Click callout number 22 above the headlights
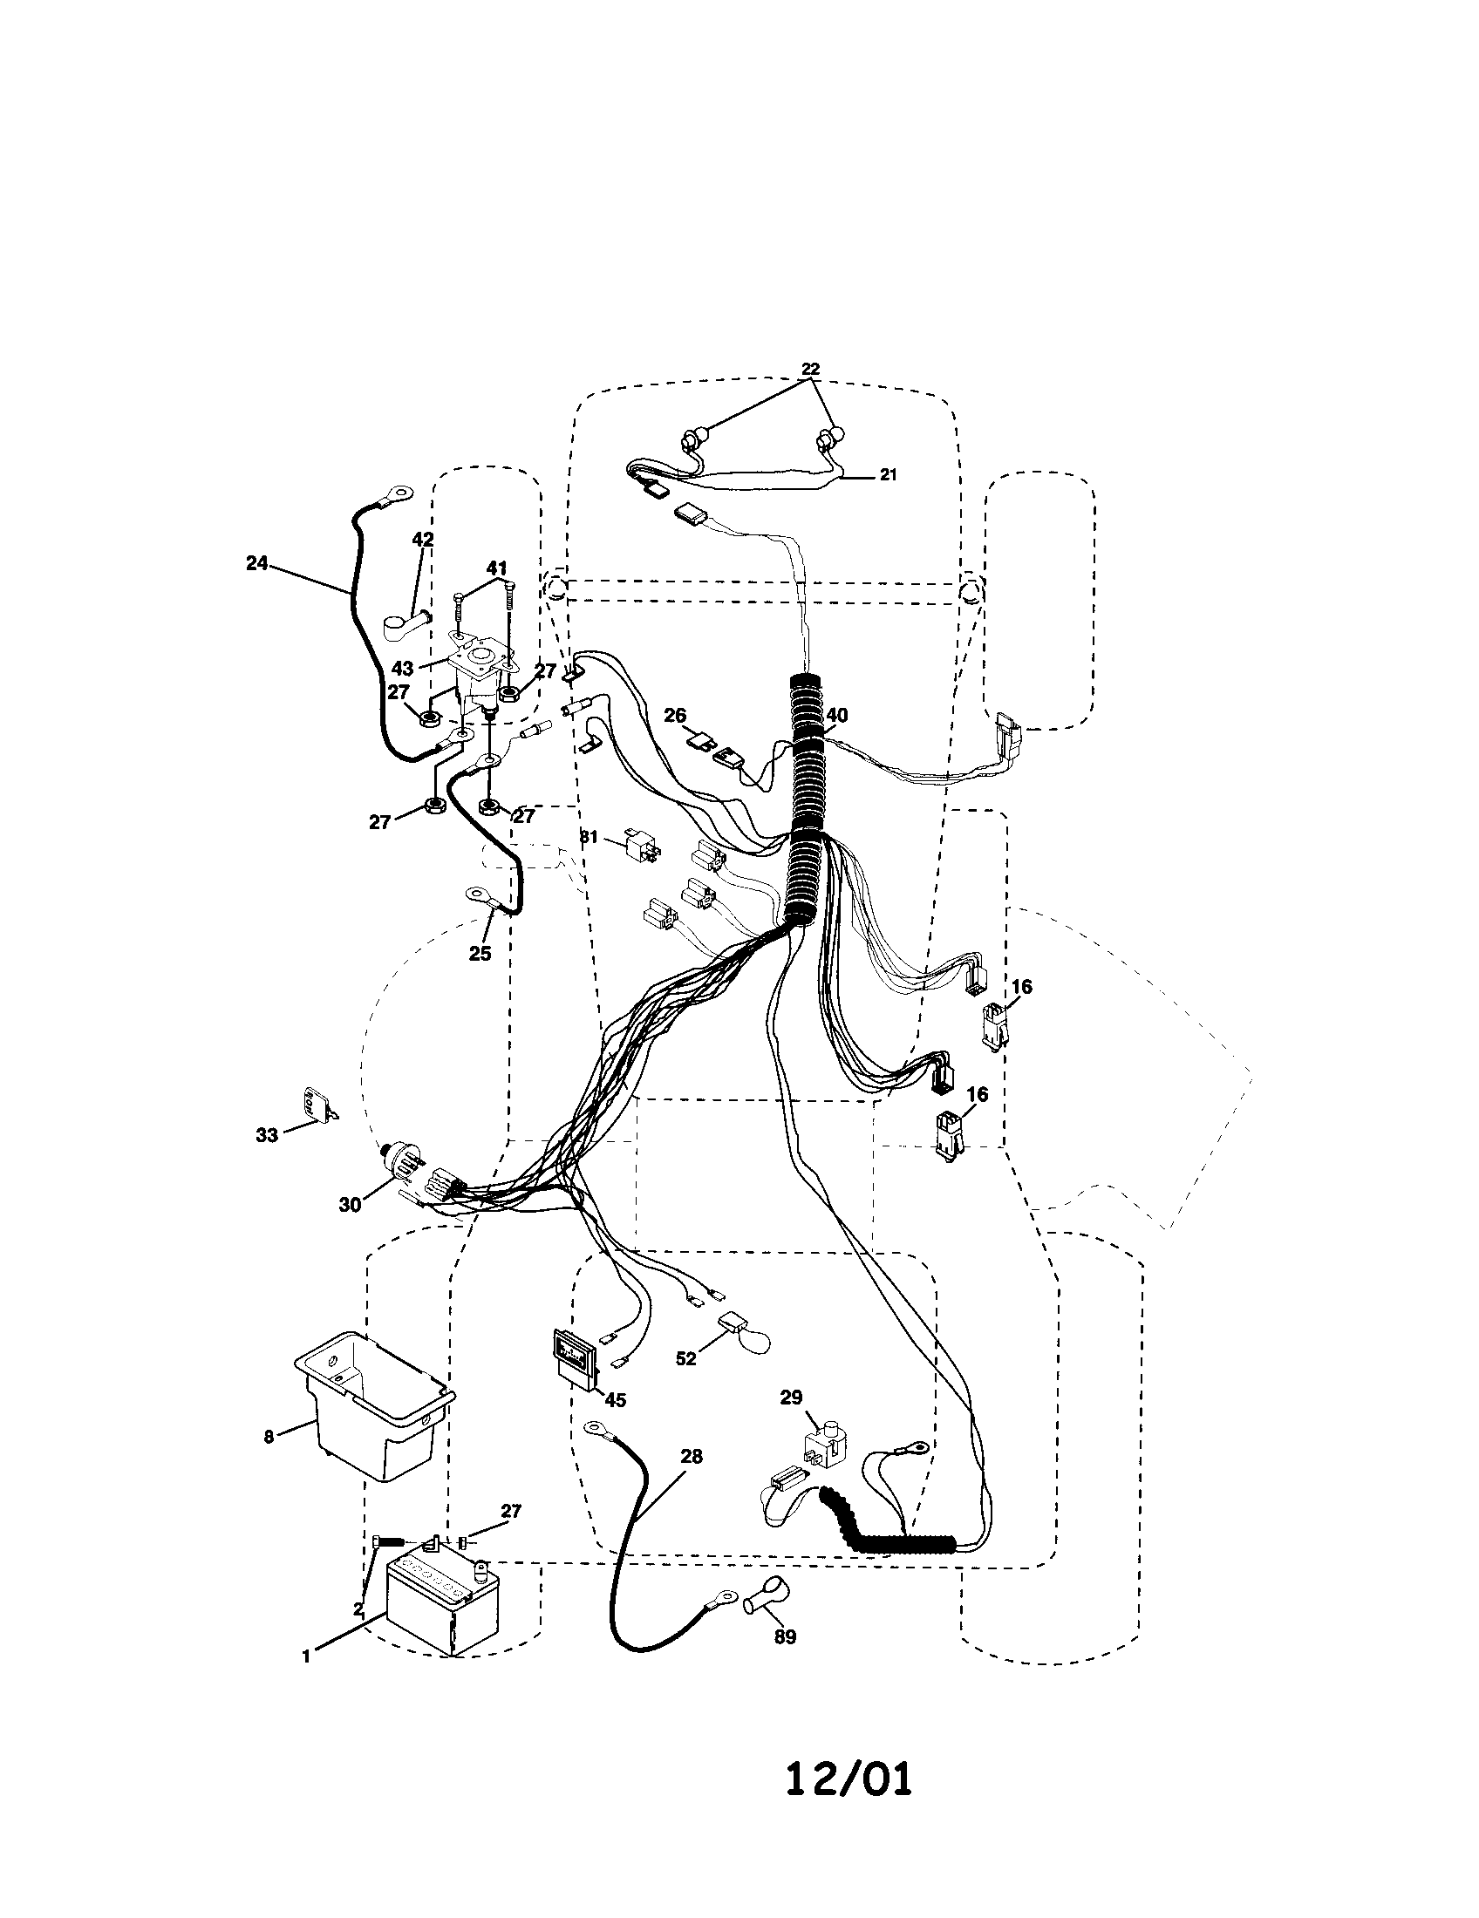pos(810,369)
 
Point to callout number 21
pos(888,474)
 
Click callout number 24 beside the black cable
pos(256,563)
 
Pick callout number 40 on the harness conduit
pos(837,716)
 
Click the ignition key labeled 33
pos(316,1104)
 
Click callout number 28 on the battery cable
pos(692,1456)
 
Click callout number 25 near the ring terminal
pos(480,953)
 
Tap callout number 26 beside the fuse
pos(674,716)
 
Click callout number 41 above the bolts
pos(497,569)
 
